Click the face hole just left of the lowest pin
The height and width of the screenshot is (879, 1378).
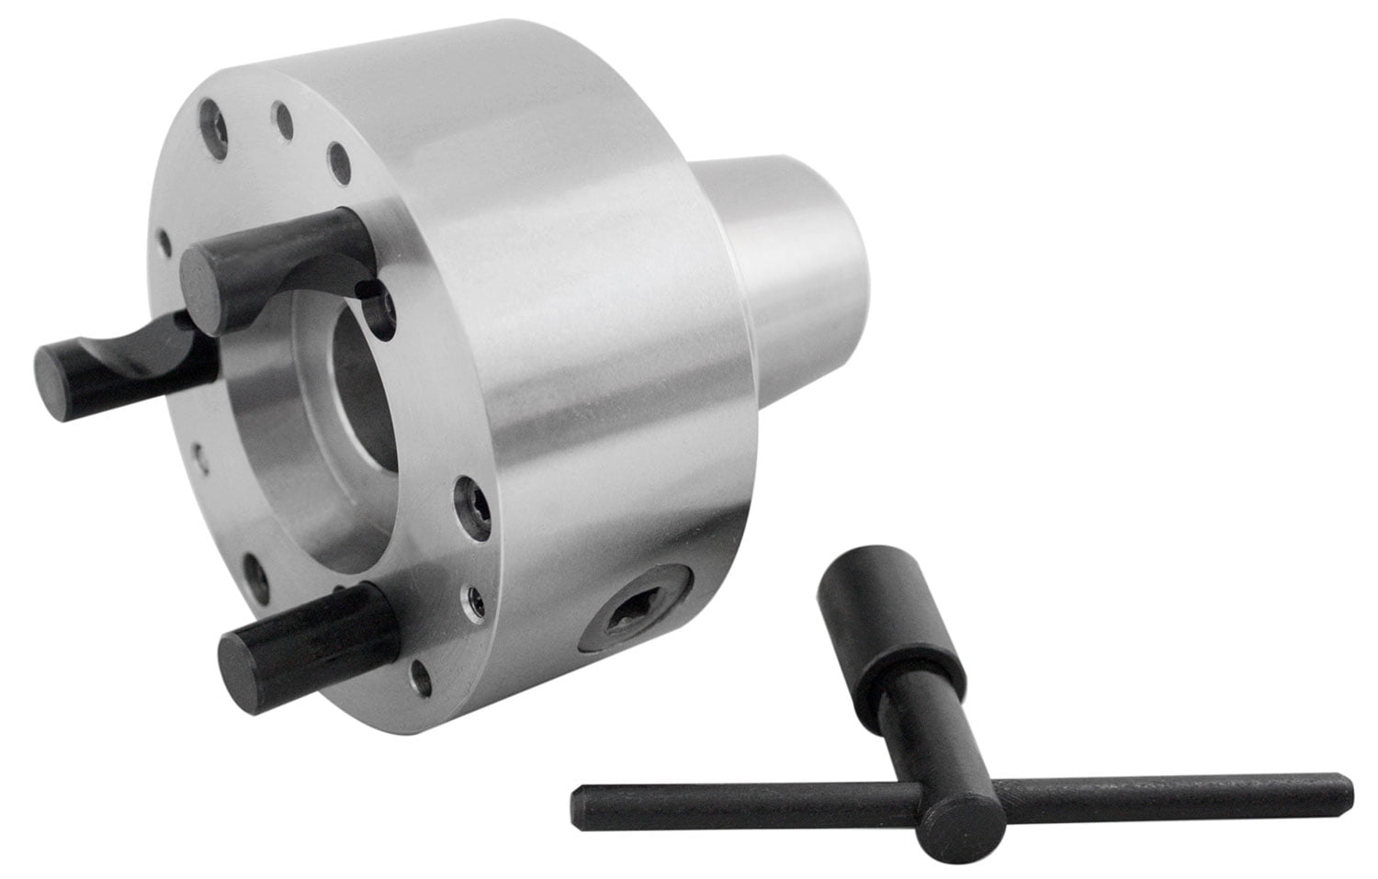[x=260, y=578]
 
